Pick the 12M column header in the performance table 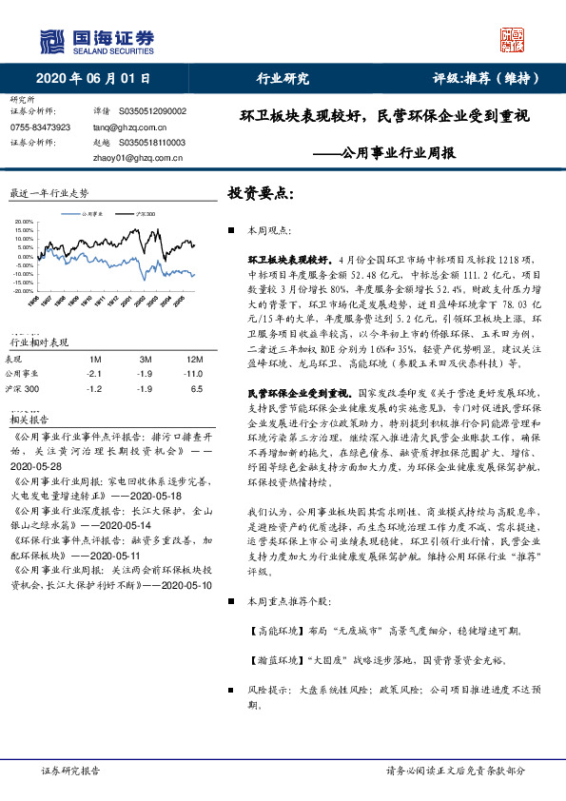(195, 360)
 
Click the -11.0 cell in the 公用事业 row (195, 374)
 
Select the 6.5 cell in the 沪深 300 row (197, 388)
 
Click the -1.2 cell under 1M (94, 388)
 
